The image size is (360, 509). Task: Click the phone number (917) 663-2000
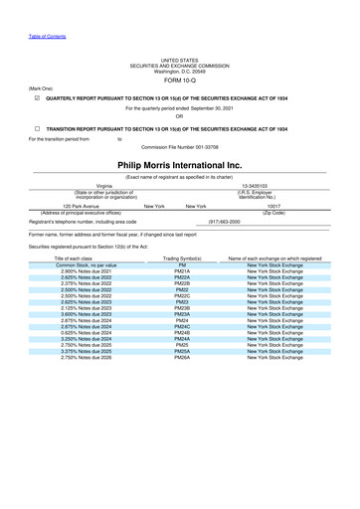(x=222, y=222)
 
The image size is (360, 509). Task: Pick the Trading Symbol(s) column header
(x=182, y=258)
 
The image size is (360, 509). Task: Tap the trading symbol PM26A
(x=182, y=357)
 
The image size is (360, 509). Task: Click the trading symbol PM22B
(x=182, y=283)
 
